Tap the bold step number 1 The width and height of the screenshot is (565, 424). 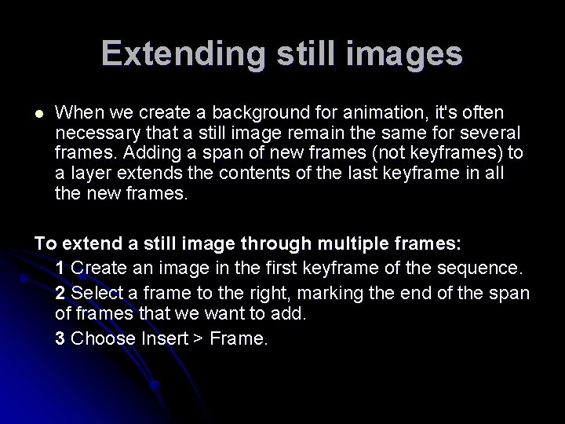[60, 269]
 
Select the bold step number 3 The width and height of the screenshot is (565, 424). [60, 339]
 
